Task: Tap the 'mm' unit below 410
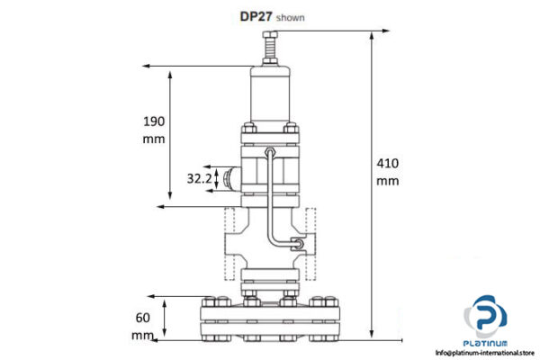(387, 181)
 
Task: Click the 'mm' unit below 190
(156, 139)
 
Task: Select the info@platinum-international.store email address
(486, 354)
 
